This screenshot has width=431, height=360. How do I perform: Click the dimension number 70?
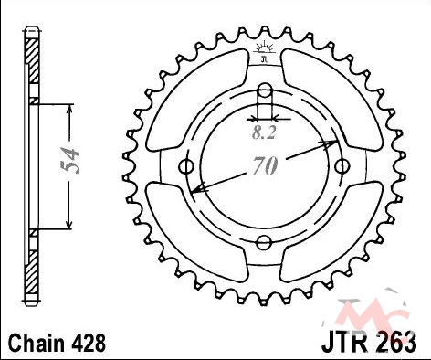coord(265,166)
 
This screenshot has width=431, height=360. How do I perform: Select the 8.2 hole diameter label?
coord(264,132)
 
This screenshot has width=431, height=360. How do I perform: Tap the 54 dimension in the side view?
coord(69,161)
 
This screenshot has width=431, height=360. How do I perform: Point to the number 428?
coord(89,343)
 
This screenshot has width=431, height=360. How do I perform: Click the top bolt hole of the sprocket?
coord(265,90)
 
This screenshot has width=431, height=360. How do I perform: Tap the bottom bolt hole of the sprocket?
coord(264,243)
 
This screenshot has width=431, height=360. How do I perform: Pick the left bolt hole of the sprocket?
coord(185,166)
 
